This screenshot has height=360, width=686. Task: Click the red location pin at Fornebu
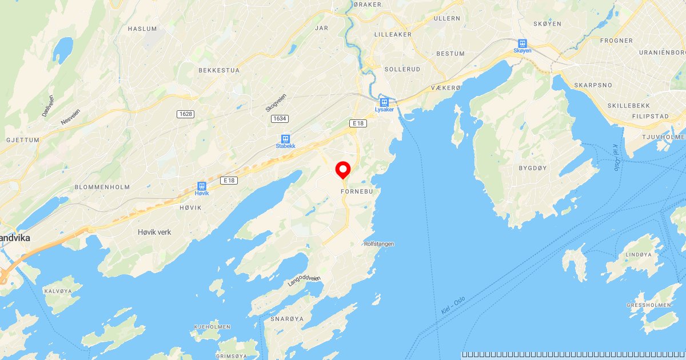[342, 170]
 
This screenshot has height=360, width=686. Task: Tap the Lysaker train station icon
[384, 103]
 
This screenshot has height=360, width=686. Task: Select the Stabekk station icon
[285, 139]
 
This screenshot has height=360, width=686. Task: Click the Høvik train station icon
[201, 187]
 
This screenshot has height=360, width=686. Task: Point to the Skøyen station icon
[522, 43]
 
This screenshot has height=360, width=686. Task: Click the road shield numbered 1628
[186, 114]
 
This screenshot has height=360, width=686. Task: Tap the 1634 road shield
[278, 118]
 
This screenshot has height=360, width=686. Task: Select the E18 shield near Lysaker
[358, 123]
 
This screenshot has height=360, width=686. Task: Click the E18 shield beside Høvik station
[229, 181]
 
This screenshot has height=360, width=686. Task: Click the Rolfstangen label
[378, 244]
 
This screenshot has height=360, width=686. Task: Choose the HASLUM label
[142, 28]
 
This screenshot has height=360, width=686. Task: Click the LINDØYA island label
[639, 254]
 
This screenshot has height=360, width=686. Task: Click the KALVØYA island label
[58, 291]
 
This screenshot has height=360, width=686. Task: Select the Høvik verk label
[154, 232]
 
